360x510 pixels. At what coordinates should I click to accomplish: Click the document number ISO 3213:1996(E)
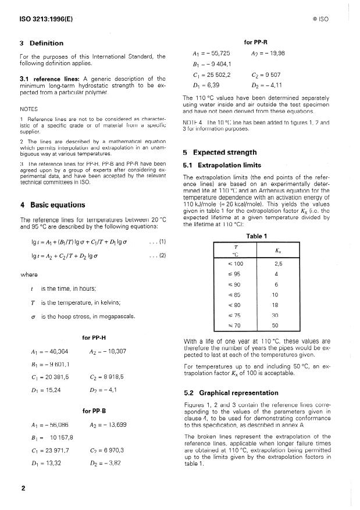[x=44, y=19]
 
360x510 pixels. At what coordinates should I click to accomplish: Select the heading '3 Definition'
[x=41, y=43]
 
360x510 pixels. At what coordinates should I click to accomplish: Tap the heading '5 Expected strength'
[x=222, y=152]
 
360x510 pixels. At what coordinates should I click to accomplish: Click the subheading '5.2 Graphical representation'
[x=231, y=393]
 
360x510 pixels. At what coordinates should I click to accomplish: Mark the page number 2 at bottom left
[x=23, y=488]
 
